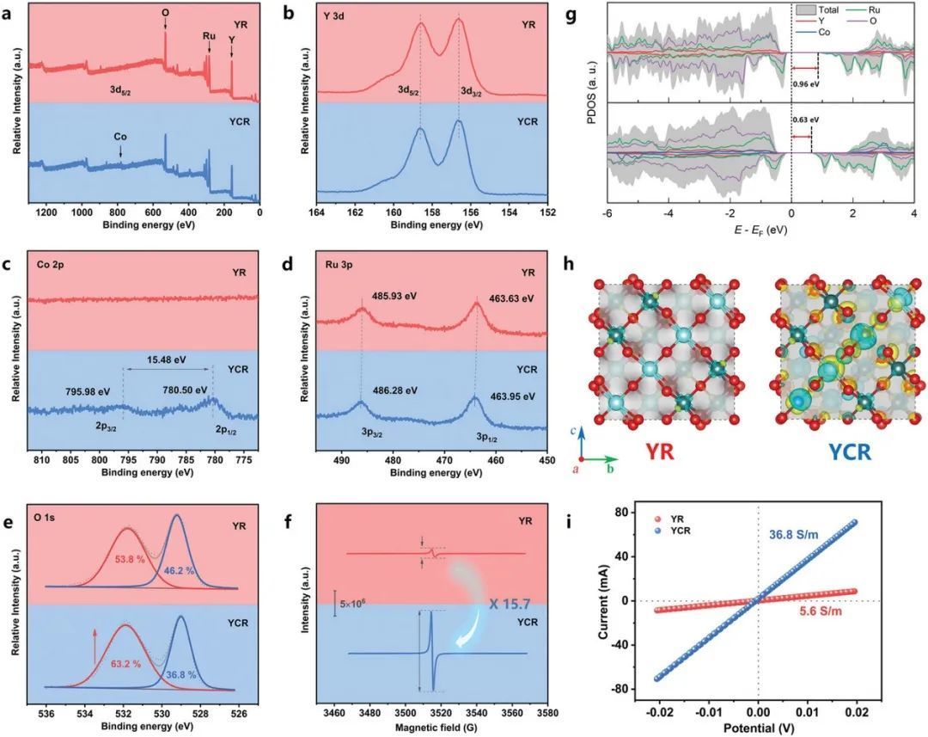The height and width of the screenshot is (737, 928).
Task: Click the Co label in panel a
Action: tap(120, 136)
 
